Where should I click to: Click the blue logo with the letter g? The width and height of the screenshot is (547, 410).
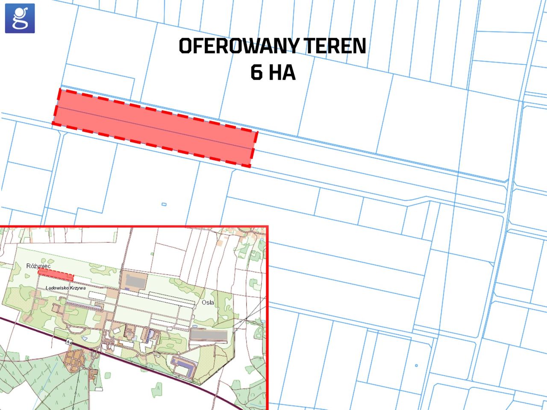(x=20, y=18)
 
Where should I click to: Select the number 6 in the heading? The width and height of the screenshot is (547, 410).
(x=256, y=73)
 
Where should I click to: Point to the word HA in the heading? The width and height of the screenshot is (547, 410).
(x=282, y=73)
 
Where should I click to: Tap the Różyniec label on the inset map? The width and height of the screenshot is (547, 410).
(x=38, y=266)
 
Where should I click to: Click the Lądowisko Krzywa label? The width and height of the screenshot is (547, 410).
(x=66, y=288)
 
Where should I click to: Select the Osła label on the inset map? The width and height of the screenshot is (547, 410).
(x=207, y=303)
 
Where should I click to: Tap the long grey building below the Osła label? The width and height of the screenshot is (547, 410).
(x=209, y=336)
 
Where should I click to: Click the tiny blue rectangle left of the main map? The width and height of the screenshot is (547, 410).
(x=164, y=204)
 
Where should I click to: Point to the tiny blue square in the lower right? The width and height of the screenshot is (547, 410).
(x=417, y=366)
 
